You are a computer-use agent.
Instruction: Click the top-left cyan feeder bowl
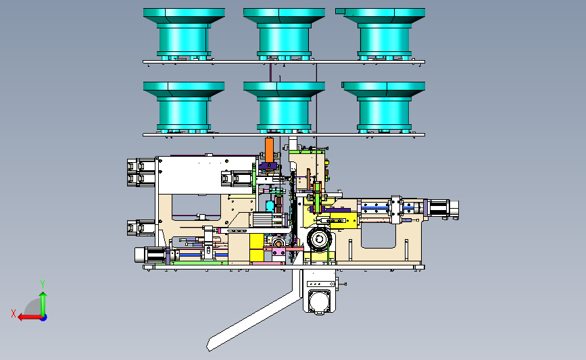click(x=184, y=34)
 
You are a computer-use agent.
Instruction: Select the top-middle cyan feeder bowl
click(x=284, y=34)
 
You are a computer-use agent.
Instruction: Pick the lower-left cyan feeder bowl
click(x=184, y=107)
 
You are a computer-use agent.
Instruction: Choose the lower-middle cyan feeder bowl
click(x=284, y=107)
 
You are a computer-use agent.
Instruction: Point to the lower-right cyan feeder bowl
click(x=383, y=107)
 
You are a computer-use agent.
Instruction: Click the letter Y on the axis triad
click(x=43, y=284)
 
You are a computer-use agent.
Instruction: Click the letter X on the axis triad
click(x=14, y=313)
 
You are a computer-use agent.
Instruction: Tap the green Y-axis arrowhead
click(x=43, y=296)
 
